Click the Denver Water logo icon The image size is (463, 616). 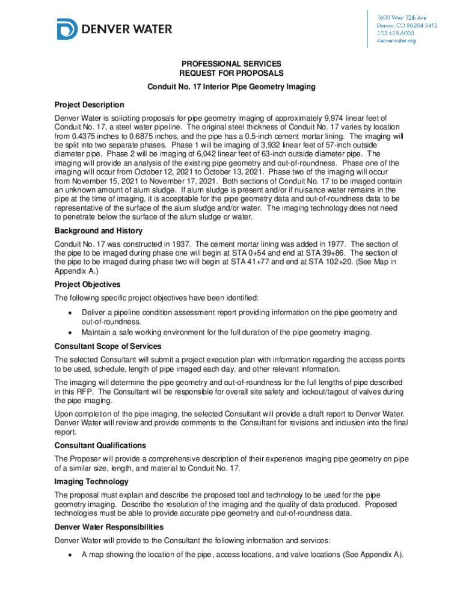pos(67,29)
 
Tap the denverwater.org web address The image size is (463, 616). pos(396,41)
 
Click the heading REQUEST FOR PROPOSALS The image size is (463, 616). pos(231,73)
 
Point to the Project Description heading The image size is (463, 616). pos(89,105)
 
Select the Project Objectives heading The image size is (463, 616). pos(87,285)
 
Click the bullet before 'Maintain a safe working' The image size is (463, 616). pos(70,333)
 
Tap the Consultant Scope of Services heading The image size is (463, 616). pos(108,346)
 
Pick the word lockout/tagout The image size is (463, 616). pos(330,392)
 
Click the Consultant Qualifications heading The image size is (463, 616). pos(100,446)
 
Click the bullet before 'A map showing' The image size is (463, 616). pos(70,555)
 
